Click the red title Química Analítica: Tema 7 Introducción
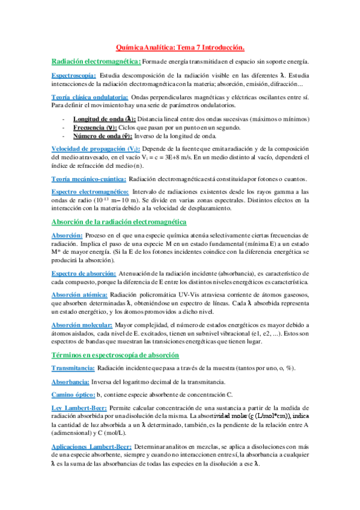point(180,47)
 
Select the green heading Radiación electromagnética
point(96,61)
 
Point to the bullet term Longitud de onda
point(103,119)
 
